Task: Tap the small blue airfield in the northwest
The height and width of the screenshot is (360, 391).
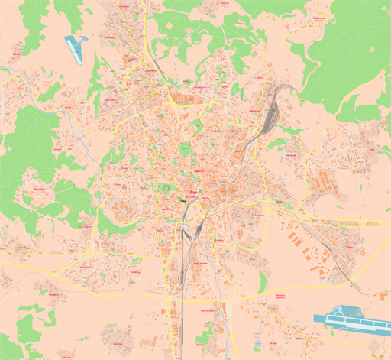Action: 75,47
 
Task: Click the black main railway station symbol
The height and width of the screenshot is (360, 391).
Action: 184,200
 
